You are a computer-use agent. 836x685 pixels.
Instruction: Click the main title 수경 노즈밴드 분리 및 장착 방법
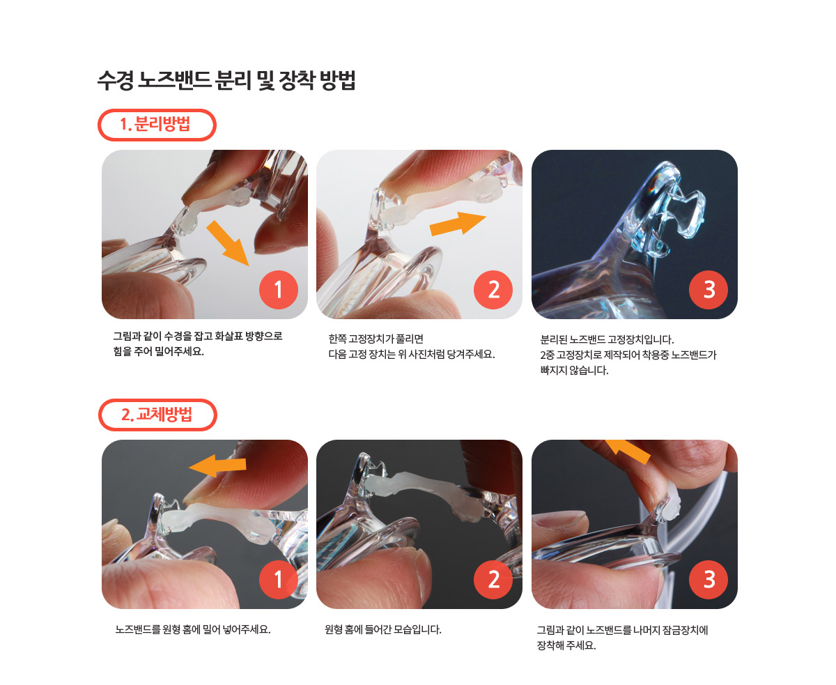(226, 80)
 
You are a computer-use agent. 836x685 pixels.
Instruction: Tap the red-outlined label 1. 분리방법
(157, 125)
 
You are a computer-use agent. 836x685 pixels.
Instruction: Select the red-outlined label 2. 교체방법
(157, 415)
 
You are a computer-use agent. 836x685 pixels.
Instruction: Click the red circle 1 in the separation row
(278, 289)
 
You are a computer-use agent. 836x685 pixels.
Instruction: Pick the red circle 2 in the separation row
(493, 289)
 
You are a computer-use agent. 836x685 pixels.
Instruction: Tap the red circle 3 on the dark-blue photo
(709, 289)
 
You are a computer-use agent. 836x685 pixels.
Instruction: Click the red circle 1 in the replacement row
(278, 580)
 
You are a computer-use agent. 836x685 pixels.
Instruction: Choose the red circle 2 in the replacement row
(493, 580)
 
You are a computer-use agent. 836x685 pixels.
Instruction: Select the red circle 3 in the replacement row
(709, 580)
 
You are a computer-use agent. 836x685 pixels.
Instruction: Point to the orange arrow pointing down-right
(229, 243)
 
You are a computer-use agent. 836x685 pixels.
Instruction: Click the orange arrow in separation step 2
(458, 224)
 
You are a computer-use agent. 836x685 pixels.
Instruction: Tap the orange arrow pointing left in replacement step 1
(217, 465)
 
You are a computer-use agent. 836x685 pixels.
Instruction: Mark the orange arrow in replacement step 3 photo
(628, 451)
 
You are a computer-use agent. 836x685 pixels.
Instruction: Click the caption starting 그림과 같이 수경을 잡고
(197, 344)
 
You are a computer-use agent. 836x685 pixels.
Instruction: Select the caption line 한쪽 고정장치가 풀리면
(376, 339)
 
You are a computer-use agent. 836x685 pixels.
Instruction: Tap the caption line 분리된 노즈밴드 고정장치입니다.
(607, 339)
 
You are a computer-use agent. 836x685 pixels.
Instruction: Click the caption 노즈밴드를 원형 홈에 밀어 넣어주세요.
(193, 629)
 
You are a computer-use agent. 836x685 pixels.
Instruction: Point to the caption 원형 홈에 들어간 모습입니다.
(383, 629)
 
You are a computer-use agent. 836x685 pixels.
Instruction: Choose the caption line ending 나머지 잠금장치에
(622, 630)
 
